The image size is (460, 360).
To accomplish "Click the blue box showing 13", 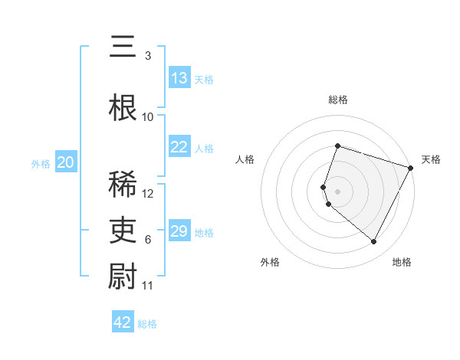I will [x=179, y=78].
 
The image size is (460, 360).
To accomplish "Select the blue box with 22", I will [x=179, y=147].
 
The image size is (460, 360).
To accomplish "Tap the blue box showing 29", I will [x=179, y=231].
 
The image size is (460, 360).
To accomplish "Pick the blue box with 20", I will [x=66, y=162].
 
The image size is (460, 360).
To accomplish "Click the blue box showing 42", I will [x=123, y=322].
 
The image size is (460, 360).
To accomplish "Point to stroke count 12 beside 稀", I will [x=149, y=194].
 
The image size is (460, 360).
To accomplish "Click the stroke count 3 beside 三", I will [x=148, y=56].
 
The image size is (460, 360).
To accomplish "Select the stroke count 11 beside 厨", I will [x=148, y=286].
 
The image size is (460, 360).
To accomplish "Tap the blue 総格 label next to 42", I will [x=148, y=324].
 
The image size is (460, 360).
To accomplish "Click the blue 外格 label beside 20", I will [x=41, y=164].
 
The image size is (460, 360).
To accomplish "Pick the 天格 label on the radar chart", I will [x=431, y=159].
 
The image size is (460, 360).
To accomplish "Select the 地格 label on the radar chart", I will [x=402, y=262].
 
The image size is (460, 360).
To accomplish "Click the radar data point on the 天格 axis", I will [x=412, y=168].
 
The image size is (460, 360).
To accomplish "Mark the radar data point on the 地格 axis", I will [x=373, y=242].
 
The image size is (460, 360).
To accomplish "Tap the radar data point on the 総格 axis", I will [x=337, y=146].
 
